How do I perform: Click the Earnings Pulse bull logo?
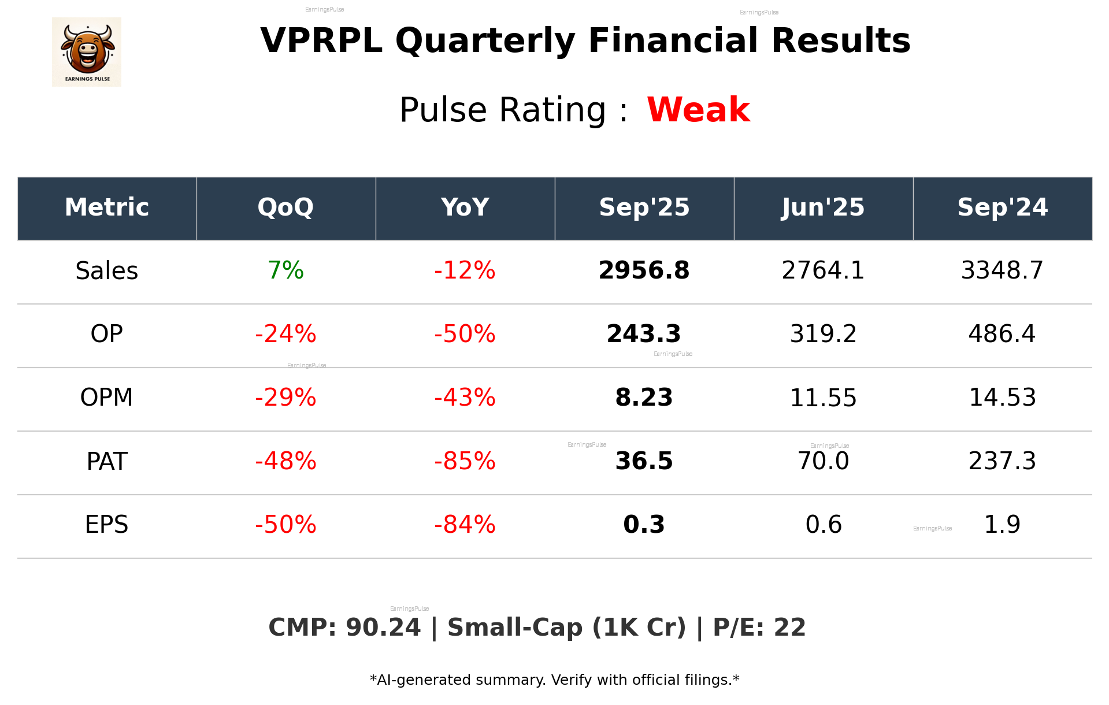[87, 51]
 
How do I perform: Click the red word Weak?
[698, 110]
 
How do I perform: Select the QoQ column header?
[285, 207]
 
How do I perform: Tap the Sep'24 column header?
[1002, 207]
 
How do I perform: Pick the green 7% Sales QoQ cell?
[285, 270]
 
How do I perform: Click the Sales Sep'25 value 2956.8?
[644, 270]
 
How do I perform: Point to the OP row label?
[106, 334]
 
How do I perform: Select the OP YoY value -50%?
[465, 334]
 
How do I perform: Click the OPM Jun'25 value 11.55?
[823, 398]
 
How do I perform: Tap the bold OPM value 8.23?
[644, 398]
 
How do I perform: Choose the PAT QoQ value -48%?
[285, 461]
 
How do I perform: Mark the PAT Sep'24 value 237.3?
[1002, 461]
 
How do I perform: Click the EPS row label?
[106, 525]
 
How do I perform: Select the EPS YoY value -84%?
[465, 525]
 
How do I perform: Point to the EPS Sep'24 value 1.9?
[1002, 525]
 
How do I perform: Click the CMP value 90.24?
[383, 628]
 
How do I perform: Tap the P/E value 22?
[789, 628]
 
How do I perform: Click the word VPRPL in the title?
[321, 40]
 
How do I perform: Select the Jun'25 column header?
[823, 207]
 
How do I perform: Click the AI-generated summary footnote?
[554, 680]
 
